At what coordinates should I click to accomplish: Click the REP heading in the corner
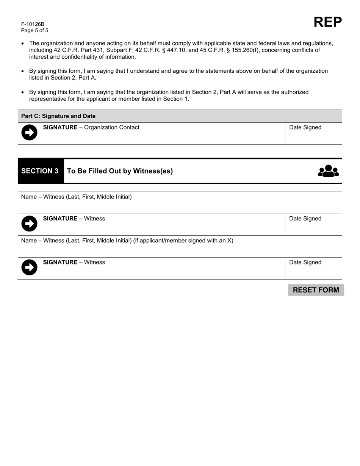(327, 22)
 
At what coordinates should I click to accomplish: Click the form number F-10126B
(33, 24)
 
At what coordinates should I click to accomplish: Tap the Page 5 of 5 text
(35, 31)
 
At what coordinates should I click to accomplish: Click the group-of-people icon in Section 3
(328, 171)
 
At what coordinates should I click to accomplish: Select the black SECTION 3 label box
(40, 171)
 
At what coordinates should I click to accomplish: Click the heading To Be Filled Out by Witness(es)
(120, 171)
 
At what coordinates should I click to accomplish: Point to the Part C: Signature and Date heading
(58, 116)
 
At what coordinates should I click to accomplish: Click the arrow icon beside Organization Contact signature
(29, 133)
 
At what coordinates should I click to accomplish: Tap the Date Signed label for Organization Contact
(305, 127)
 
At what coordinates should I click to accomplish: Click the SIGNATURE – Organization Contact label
(91, 127)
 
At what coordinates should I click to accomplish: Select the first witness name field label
(76, 197)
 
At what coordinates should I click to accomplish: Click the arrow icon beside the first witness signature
(29, 224)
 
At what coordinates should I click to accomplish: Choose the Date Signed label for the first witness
(305, 219)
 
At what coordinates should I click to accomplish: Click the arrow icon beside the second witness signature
(29, 267)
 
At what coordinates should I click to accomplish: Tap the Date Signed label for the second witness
(305, 263)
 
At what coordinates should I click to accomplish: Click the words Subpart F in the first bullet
(114, 50)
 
